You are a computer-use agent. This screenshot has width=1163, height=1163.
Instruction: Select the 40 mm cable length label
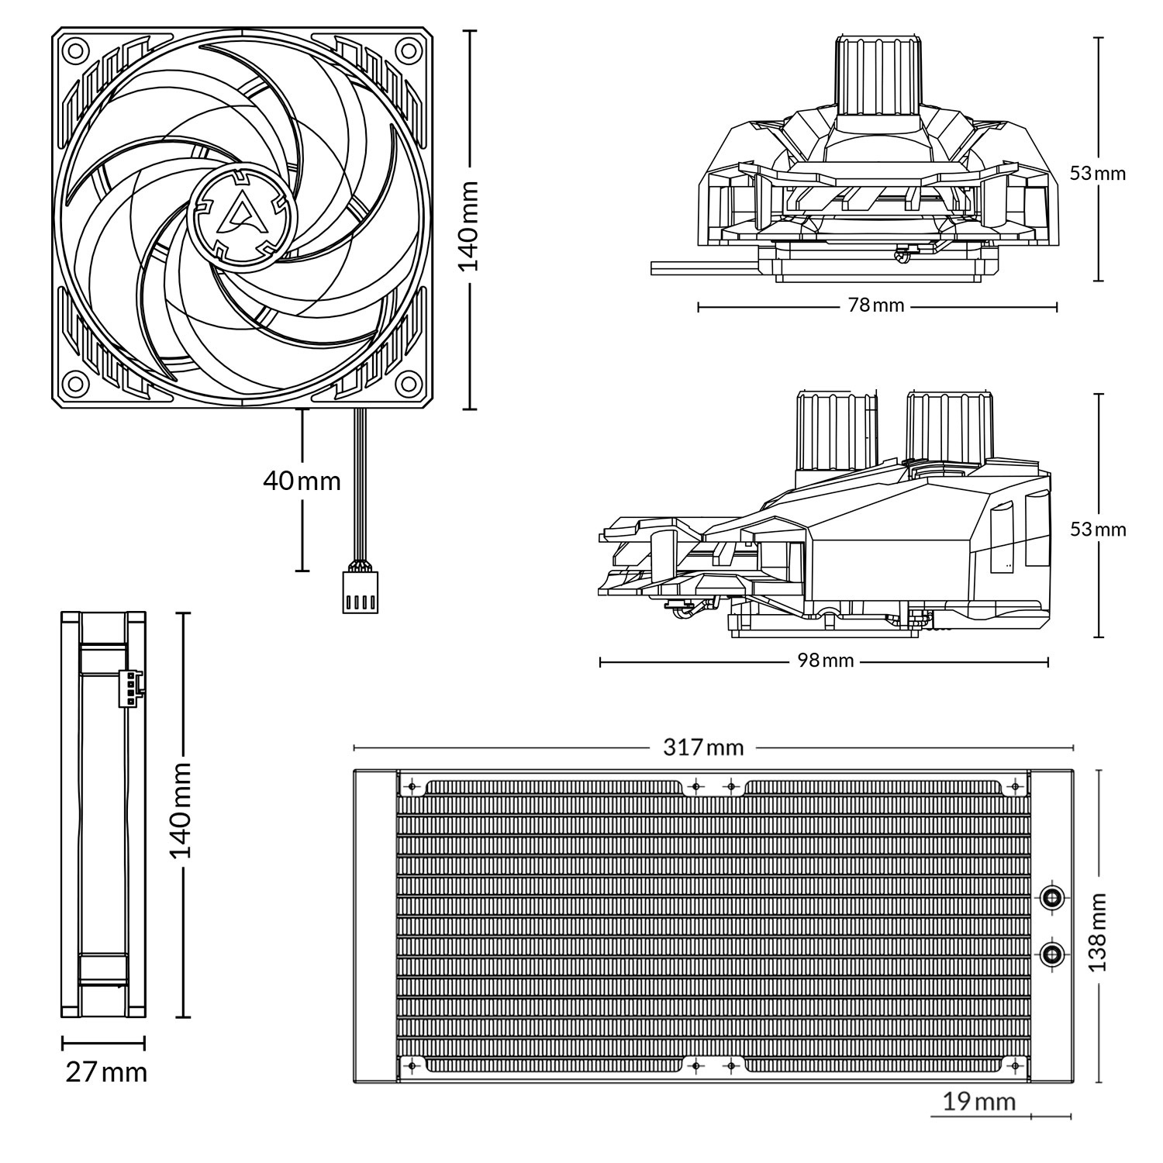(x=302, y=481)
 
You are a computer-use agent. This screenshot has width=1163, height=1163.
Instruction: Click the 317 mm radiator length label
(x=703, y=747)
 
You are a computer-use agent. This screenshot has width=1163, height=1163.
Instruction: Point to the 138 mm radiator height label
(x=1097, y=931)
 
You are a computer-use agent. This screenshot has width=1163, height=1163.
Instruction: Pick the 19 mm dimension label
(x=978, y=1101)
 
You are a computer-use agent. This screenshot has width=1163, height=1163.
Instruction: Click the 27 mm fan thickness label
(x=106, y=1072)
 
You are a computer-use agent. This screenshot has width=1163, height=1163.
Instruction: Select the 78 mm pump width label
(x=876, y=305)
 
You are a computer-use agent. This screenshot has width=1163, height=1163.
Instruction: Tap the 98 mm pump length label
(x=825, y=661)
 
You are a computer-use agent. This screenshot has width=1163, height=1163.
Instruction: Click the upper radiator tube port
(x=1052, y=898)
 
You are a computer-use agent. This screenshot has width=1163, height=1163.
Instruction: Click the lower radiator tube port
(x=1052, y=954)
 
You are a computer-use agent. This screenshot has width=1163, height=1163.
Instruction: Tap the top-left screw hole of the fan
(x=75, y=50)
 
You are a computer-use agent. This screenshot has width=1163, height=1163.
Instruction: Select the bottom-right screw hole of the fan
(x=407, y=382)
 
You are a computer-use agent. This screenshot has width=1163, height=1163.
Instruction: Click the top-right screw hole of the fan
(x=407, y=50)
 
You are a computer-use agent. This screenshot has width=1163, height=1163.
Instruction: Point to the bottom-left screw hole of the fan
(x=75, y=382)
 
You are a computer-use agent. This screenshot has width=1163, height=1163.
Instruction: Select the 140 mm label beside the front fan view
(x=468, y=226)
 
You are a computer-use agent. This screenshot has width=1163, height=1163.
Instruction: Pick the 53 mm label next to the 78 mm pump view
(x=1097, y=173)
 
